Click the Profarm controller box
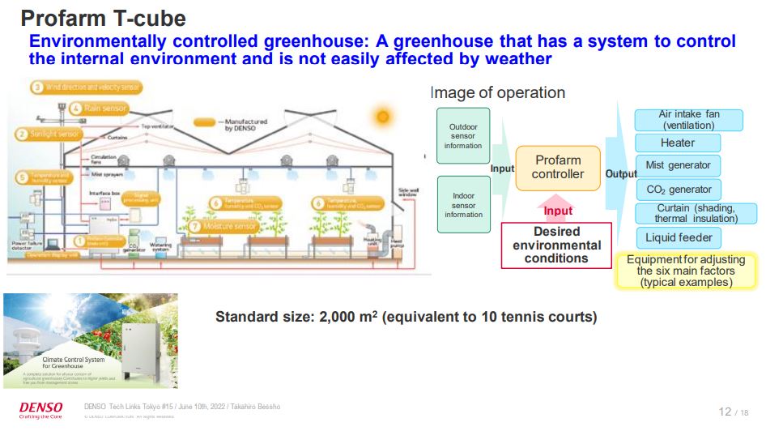(x=558, y=168)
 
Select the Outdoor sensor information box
(x=463, y=136)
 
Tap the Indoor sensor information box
(x=463, y=205)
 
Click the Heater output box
(x=678, y=143)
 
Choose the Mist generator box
(x=678, y=165)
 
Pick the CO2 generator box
(x=678, y=190)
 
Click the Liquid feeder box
(x=678, y=237)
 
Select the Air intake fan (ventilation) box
(x=688, y=120)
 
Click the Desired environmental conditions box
(x=555, y=245)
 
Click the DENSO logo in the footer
(x=36, y=408)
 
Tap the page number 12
(x=725, y=412)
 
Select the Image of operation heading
(x=497, y=93)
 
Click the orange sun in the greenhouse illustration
(x=381, y=116)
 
